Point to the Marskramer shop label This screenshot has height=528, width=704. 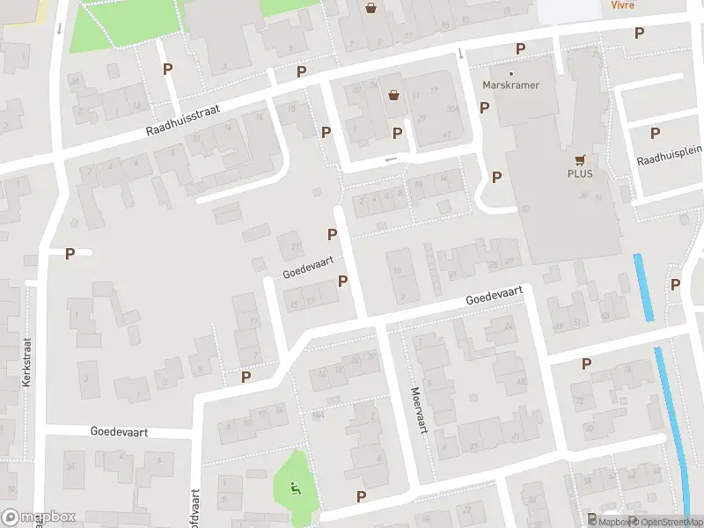[x=511, y=85]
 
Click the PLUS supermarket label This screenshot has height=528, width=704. [x=579, y=173]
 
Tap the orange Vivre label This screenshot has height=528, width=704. [x=623, y=4]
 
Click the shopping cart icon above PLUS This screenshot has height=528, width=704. [x=579, y=159]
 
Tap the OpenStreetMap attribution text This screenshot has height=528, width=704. [x=664, y=521]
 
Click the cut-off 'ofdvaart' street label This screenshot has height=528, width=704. [x=195, y=509]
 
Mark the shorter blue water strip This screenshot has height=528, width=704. [x=643, y=287]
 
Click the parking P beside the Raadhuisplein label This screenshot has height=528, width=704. [x=655, y=133]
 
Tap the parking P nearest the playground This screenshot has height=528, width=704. [x=361, y=496]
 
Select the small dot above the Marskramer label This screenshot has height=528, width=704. [x=511, y=74]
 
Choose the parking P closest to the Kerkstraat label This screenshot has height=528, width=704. [x=70, y=253]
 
